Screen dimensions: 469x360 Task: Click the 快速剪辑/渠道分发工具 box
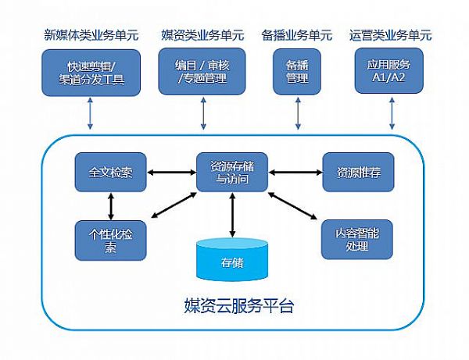[91, 73]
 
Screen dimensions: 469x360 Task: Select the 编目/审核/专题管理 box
[202, 71]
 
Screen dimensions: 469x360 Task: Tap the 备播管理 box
[297, 72]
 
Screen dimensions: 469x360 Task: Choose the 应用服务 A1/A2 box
[388, 71]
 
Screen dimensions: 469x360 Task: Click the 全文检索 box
[110, 172]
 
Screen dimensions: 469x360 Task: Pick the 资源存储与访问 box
[232, 172]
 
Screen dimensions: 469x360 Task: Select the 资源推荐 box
[358, 172]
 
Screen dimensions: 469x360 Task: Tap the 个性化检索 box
[110, 241]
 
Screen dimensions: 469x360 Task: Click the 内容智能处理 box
[357, 239]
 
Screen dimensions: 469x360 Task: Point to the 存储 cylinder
[232, 260]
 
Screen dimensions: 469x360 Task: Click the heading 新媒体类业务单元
[91, 35]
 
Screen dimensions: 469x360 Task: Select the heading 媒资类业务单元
[202, 35]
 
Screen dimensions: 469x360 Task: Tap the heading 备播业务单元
[297, 35]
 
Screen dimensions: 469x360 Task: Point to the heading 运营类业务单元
[390, 35]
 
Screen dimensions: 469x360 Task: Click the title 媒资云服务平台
[238, 305]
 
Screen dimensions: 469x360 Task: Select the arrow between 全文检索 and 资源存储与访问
[171, 172]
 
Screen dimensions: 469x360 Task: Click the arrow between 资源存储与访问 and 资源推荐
[295, 172]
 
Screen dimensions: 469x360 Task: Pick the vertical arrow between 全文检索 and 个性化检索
[111, 206]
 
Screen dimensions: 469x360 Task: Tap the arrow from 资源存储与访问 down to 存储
[232, 215]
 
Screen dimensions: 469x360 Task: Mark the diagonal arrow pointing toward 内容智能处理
[292, 206]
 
